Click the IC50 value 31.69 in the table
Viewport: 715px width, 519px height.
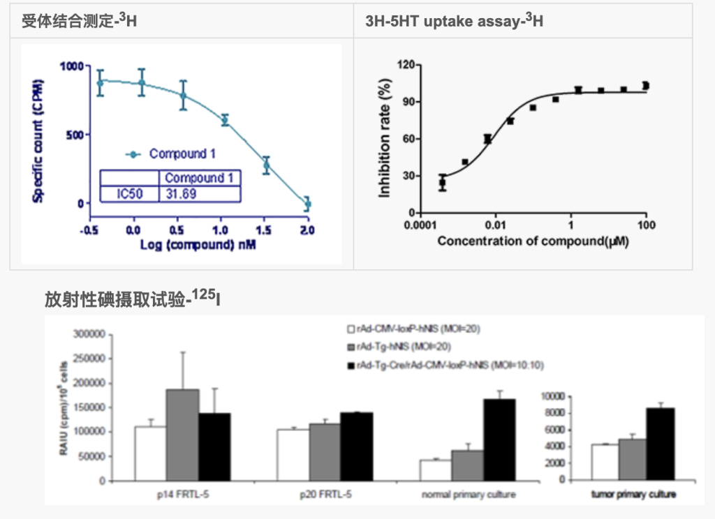180,193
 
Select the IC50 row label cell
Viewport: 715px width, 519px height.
130,193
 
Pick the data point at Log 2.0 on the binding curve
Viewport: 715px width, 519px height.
307,204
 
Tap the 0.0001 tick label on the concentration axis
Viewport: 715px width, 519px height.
420,226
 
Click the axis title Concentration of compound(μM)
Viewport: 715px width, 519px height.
533,241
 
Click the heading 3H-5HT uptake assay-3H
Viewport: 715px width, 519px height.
454,22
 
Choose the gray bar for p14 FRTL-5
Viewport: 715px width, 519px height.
182,435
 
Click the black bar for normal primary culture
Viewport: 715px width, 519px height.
499,439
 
